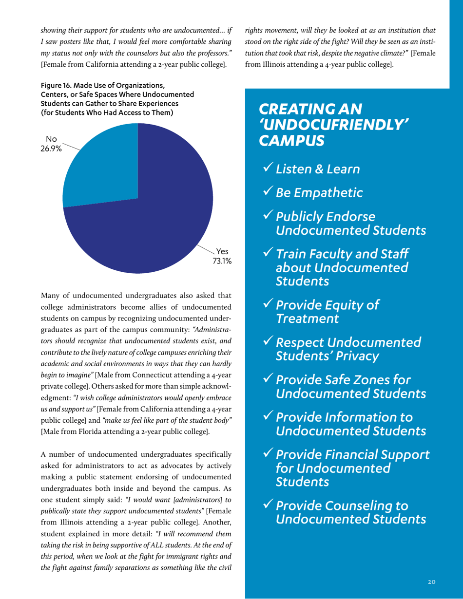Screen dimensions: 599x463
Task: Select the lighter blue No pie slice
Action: [x=100, y=166]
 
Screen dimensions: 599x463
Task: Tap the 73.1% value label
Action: [x=221, y=262]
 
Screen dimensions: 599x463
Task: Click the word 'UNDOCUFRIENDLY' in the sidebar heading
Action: [x=333, y=125]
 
